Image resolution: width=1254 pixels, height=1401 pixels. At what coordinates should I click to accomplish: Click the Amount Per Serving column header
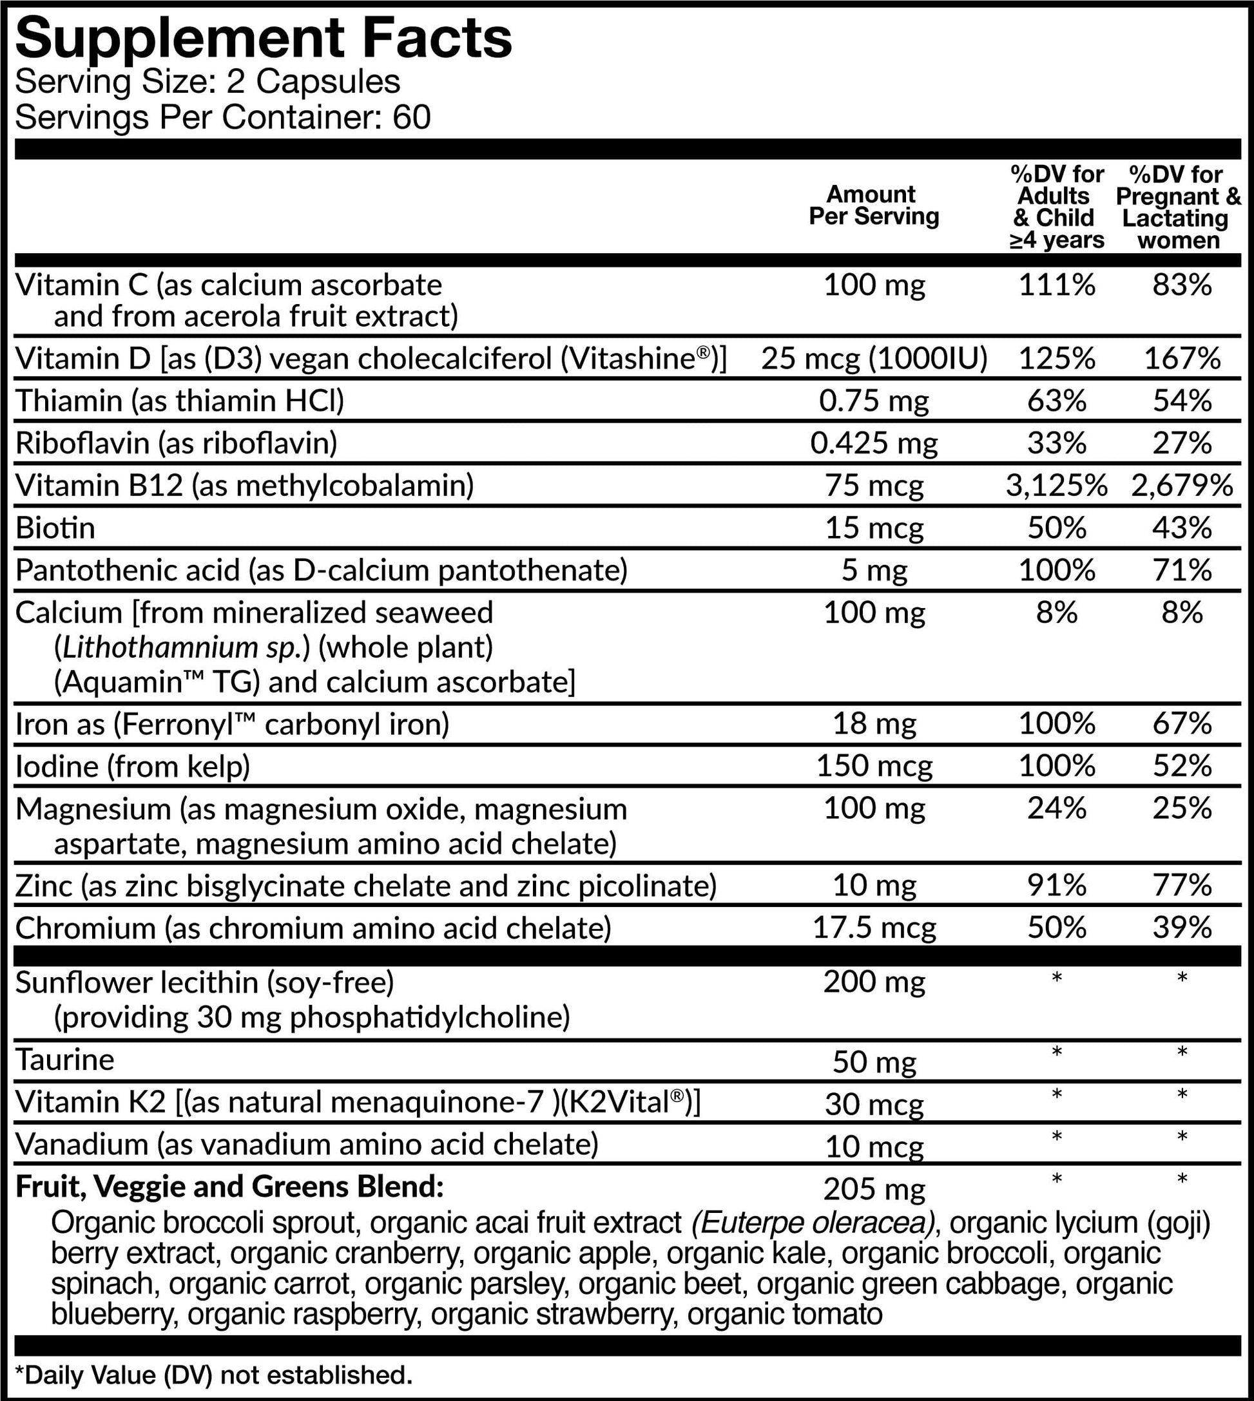(873, 205)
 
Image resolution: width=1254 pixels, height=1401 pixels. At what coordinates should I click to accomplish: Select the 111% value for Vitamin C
(1056, 285)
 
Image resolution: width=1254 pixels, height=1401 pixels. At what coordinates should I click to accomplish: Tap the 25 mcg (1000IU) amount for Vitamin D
(874, 358)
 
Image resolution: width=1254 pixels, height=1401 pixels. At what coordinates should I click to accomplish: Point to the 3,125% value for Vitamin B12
(1056, 486)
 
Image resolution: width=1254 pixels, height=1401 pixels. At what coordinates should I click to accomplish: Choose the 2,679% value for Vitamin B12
(1182, 486)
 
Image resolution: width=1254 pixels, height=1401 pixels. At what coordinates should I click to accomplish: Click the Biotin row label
(55, 528)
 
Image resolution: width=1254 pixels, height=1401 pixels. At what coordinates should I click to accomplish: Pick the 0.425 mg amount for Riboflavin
(874, 443)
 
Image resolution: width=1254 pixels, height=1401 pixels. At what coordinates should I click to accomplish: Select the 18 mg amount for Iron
(874, 724)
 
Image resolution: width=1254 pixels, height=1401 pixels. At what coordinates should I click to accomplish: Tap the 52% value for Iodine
(1182, 766)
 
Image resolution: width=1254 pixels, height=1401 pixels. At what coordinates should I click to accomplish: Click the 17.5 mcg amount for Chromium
(874, 928)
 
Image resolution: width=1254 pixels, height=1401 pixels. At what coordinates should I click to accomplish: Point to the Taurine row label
(65, 1060)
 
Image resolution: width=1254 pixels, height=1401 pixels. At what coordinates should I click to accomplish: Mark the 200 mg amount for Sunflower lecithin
(874, 982)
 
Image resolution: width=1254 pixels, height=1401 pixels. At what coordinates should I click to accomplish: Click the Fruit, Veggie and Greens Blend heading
(229, 1186)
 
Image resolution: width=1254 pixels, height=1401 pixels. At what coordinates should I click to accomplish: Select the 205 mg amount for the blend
(874, 1189)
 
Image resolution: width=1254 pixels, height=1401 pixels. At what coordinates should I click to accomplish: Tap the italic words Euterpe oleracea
(813, 1223)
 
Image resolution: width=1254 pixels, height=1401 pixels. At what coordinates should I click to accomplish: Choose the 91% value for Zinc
(1056, 886)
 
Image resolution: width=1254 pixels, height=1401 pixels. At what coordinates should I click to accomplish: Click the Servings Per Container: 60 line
(222, 117)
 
